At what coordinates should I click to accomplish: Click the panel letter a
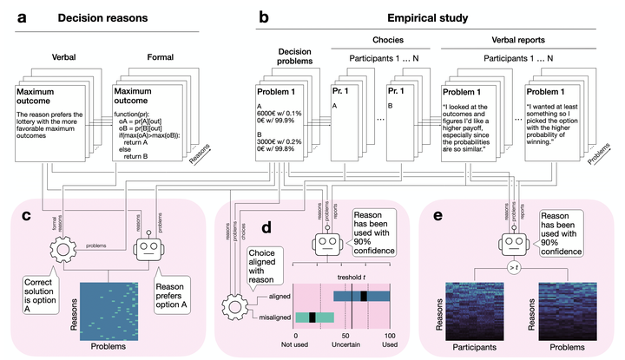click(x=12, y=16)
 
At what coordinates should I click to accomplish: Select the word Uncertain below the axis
click(x=345, y=346)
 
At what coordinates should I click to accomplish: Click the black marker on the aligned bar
click(x=365, y=297)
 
